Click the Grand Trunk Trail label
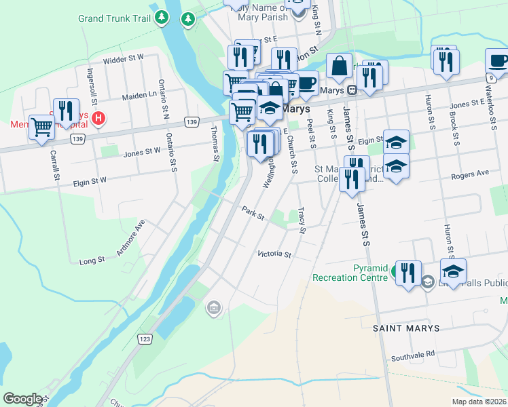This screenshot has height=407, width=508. click(x=114, y=18)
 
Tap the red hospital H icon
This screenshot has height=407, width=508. click(x=99, y=119)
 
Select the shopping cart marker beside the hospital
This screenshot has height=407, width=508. click(x=41, y=127)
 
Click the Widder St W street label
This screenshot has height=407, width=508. click(x=124, y=60)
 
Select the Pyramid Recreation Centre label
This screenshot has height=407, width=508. click(x=351, y=273)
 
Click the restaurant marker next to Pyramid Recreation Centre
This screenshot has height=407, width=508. click(x=407, y=273)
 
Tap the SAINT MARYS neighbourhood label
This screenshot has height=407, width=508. click(x=405, y=328)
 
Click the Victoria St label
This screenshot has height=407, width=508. click(x=274, y=254)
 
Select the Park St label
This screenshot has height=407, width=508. click(x=252, y=213)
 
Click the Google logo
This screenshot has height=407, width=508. click(x=22, y=399)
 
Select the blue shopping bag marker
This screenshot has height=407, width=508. click(x=339, y=66)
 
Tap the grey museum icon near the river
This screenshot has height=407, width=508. click(x=213, y=309)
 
